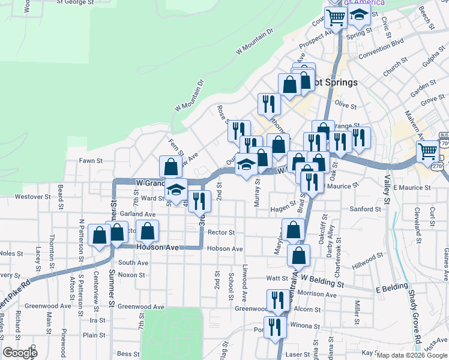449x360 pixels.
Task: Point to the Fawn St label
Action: click(92, 161)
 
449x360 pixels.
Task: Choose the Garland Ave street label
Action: click(137, 214)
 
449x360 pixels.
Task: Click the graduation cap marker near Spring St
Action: click(359, 16)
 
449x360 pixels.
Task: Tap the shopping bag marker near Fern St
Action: click(171, 167)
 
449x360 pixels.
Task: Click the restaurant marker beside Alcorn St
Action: click(277, 300)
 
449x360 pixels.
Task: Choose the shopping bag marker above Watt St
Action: click(298, 255)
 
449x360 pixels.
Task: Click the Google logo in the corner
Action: click(20, 353)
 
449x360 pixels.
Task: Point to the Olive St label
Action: click(346, 105)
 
